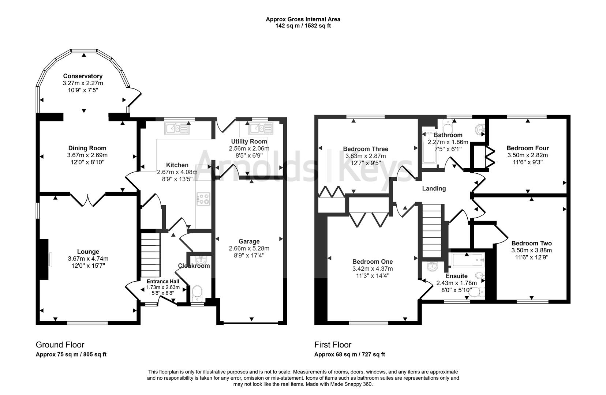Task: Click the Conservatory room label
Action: click(x=83, y=76)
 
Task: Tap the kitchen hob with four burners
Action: click(x=203, y=199)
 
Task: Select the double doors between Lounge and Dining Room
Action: click(x=87, y=200)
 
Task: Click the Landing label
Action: click(x=434, y=188)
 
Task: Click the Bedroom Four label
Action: click(x=527, y=148)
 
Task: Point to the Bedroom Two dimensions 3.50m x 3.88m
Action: click(x=531, y=250)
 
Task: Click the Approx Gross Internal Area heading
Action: click(x=303, y=19)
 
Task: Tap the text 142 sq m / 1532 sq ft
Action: click(x=303, y=26)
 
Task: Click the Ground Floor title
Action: click(x=60, y=345)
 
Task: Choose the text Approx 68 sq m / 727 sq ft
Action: click(x=349, y=354)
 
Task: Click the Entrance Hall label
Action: click(x=163, y=281)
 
